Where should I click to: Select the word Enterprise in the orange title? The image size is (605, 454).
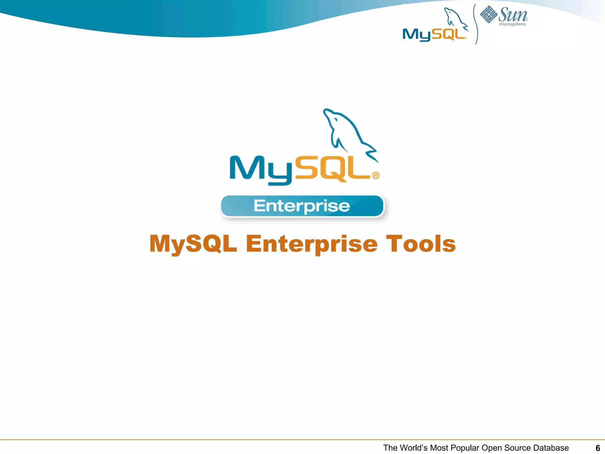pos(312,244)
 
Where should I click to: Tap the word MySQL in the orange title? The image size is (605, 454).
pos(193,244)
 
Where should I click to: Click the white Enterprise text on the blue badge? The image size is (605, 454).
pos(302,206)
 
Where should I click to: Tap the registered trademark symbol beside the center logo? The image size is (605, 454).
pos(375,176)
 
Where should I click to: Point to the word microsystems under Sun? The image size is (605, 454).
pos(513,24)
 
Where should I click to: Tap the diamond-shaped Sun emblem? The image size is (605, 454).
pos(489,14)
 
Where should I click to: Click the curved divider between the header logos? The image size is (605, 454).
pos(476,24)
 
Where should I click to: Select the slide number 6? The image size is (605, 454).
pos(598,448)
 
